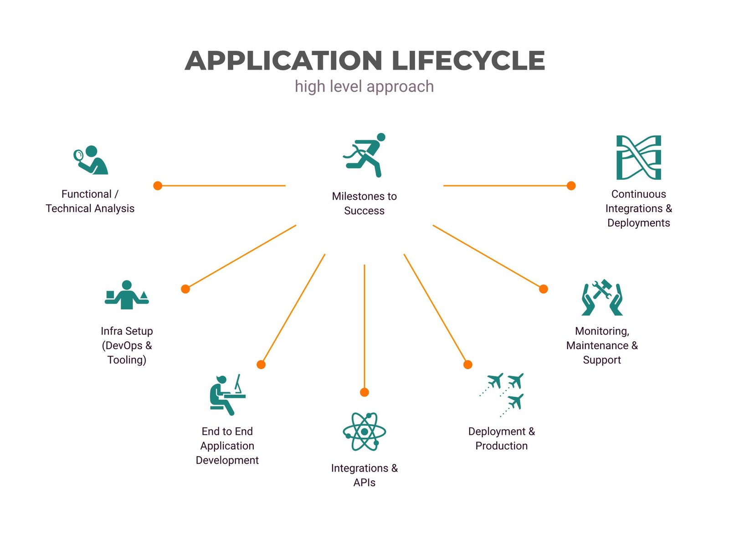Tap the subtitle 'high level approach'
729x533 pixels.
364,87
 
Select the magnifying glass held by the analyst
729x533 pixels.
79,156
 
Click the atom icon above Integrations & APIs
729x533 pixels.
364,431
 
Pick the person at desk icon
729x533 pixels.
227,395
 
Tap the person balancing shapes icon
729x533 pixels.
127,294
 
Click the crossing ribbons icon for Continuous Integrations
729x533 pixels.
638,157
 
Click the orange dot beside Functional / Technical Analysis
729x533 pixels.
158,186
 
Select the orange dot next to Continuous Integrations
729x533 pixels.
571,186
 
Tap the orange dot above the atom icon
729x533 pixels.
364,392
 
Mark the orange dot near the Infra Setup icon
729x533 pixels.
185,289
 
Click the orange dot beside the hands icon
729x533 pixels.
544,289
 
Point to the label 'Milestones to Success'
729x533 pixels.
364,203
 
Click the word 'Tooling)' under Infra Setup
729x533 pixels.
127,360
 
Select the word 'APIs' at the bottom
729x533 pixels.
364,482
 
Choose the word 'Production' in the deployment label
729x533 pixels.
502,446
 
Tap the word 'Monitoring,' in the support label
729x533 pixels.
602,331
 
